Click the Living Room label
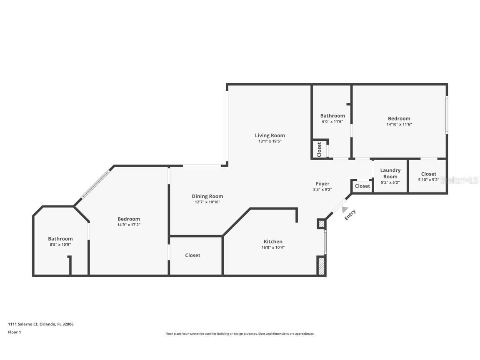pyautogui.click(x=270, y=135)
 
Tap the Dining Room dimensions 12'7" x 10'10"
pyautogui.click(x=207, y=202)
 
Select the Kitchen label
pyautogui.click(x=273, y=242)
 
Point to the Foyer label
pyautogui.click(x=322, y=184)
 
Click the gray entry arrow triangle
pyautogui.click(x=345, y=210)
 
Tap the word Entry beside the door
pyautogui.click(x=350, y=215)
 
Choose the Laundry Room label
pyautogui.click(x=390, y=173)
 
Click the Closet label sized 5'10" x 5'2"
pyautogui.click(x=428, y=174)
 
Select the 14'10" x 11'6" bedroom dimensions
pyautogui.click(x=399, y=124)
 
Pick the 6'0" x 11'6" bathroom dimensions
pyautogui.click(x=332, y=122)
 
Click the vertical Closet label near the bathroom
pyautogui.click(x=320, y=149)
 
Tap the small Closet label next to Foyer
pyautogui.click(x=362, y=186)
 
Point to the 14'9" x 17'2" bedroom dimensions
pyautogui.click(x=129, y=225)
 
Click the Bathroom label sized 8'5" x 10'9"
pyautogui.click(x=60, y=239)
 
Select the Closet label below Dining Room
pyautogui.click(x=192, y=255)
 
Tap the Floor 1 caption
pyautogui.click(x=14, y=332)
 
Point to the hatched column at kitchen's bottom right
pyautogui.click(x=321, y=266)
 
